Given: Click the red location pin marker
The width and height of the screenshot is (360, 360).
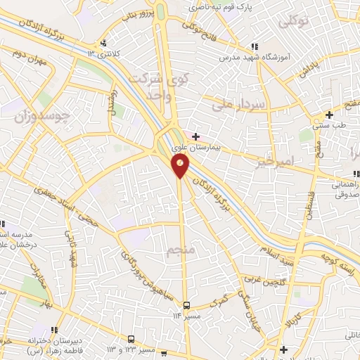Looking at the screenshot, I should point(181,165).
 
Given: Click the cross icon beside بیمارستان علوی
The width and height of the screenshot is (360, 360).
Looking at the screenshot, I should point(195,136).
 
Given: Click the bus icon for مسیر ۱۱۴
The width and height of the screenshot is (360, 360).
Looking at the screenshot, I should point(187,305).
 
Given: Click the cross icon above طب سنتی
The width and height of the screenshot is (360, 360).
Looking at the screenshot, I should point(329,114).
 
